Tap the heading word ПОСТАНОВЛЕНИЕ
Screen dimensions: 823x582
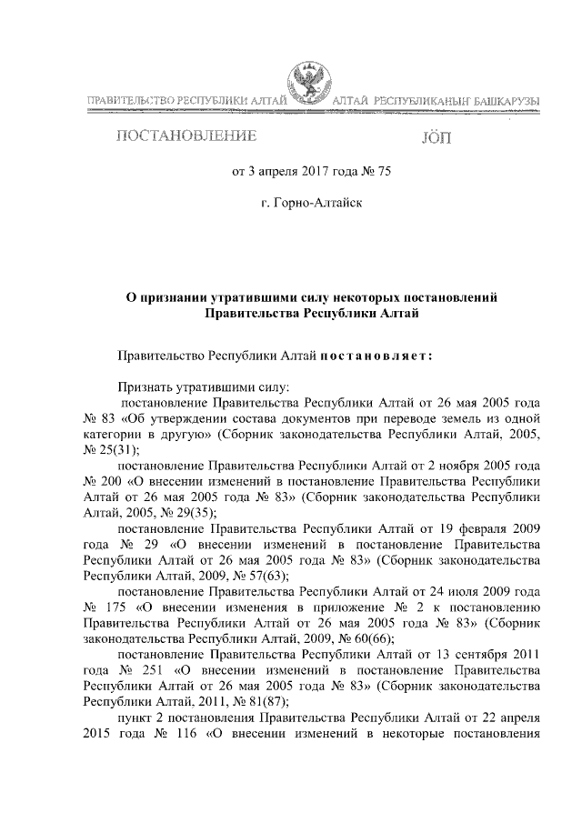(x=185, y=137)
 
